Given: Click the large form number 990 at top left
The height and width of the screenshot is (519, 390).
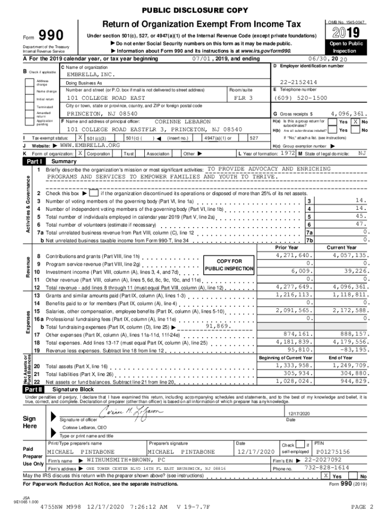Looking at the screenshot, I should pyautogui.click(x=50, y=35).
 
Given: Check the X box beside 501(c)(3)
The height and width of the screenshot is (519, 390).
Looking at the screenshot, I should pyautogui.click(x=80, y=137).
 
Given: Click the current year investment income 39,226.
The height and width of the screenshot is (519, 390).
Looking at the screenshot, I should pyautogui.click(x=353, y=271).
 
